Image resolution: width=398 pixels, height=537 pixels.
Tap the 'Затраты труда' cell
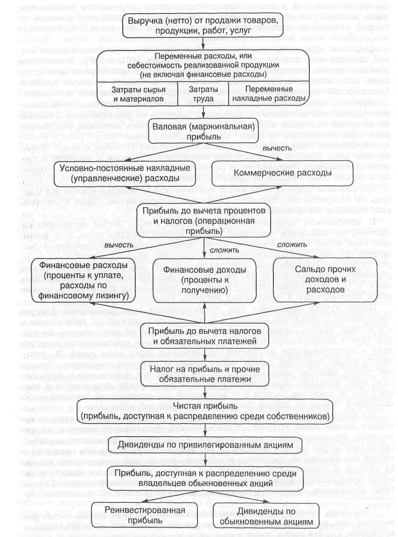pos(203,95)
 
